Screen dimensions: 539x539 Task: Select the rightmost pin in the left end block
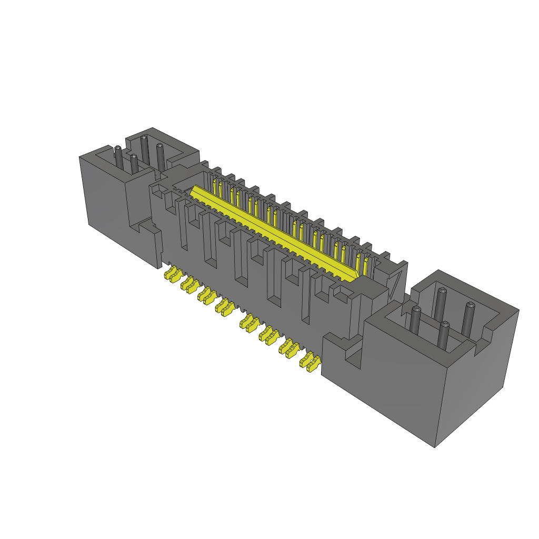(160, 154)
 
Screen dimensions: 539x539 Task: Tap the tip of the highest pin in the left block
(144, 138)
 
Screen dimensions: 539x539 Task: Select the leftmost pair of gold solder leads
(172, 274)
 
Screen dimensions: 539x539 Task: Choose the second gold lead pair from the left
(189, 284)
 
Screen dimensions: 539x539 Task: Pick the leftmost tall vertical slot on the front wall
(183, 226)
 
